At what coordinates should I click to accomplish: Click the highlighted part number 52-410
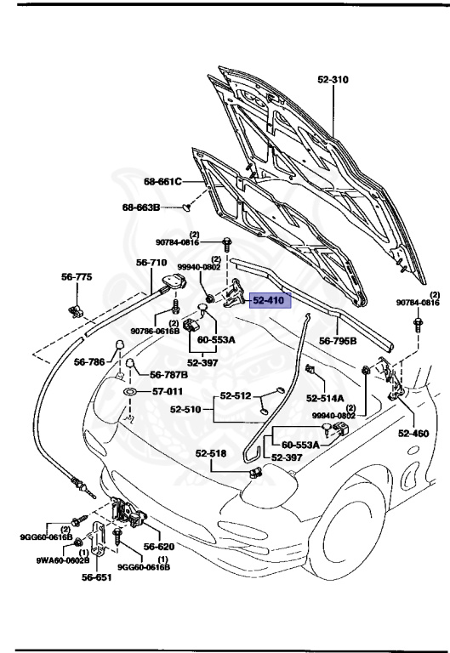pyautogui.click(x=268, y=300)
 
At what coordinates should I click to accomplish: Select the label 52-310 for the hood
pyautogui.click(x=335, y=80)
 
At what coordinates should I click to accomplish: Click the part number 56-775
pyautogui.click(x=77, y=277)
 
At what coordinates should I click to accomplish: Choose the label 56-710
pyautogui.click(x=152, y=263)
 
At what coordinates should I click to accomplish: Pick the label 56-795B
pyautogui.click(x=338, y=341)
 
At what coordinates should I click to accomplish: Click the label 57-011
pyautogui.click(x=168, y=392)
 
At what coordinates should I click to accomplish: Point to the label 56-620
pyautogui.click(x=158, y=548)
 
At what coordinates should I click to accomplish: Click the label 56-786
pyautogui.click(x=89, y=362)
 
